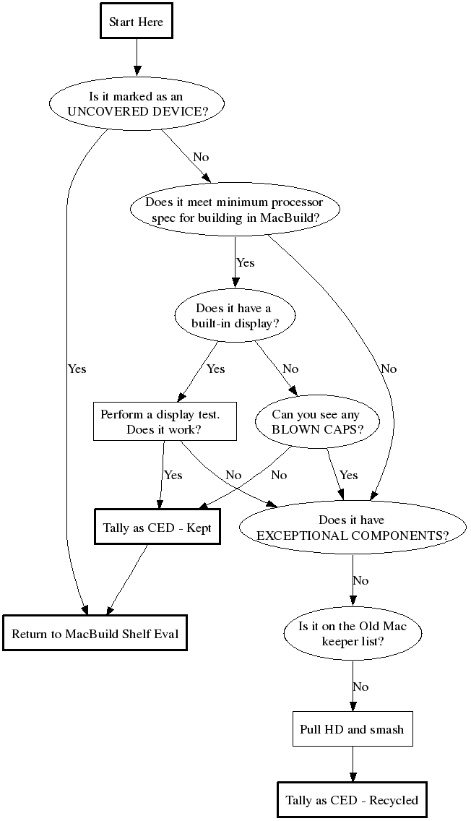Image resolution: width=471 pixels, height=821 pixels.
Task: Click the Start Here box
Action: pos(136,22)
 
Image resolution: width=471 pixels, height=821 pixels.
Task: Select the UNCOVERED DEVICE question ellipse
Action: pos(136,104)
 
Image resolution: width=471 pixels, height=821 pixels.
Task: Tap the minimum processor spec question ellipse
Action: pos(234,210)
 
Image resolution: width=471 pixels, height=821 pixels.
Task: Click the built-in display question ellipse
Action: pos(234,316)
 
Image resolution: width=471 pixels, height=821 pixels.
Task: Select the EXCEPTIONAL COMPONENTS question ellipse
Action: pos(353,528)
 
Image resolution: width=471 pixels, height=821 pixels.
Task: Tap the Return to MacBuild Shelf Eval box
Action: pos(95,634)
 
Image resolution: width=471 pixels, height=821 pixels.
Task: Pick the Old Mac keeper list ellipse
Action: pos(353,633)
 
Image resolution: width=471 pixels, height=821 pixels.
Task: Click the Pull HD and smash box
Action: pos(353,729)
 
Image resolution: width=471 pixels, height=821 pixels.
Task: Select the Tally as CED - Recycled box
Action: pos(353,800)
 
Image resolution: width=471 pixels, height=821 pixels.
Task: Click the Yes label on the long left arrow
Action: pos(77,369)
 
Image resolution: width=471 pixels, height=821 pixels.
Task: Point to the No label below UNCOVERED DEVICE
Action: pos(202,157)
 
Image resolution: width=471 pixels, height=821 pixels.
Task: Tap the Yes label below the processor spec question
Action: pos(246,262)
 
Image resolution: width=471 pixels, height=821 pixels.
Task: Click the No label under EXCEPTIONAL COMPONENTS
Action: pos(360,580)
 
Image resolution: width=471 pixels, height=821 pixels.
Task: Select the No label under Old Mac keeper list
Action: pos(360,686)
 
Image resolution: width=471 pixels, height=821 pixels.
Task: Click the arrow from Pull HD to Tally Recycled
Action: pos(353,764)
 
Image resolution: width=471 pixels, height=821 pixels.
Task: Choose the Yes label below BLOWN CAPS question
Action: pos(348,475)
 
